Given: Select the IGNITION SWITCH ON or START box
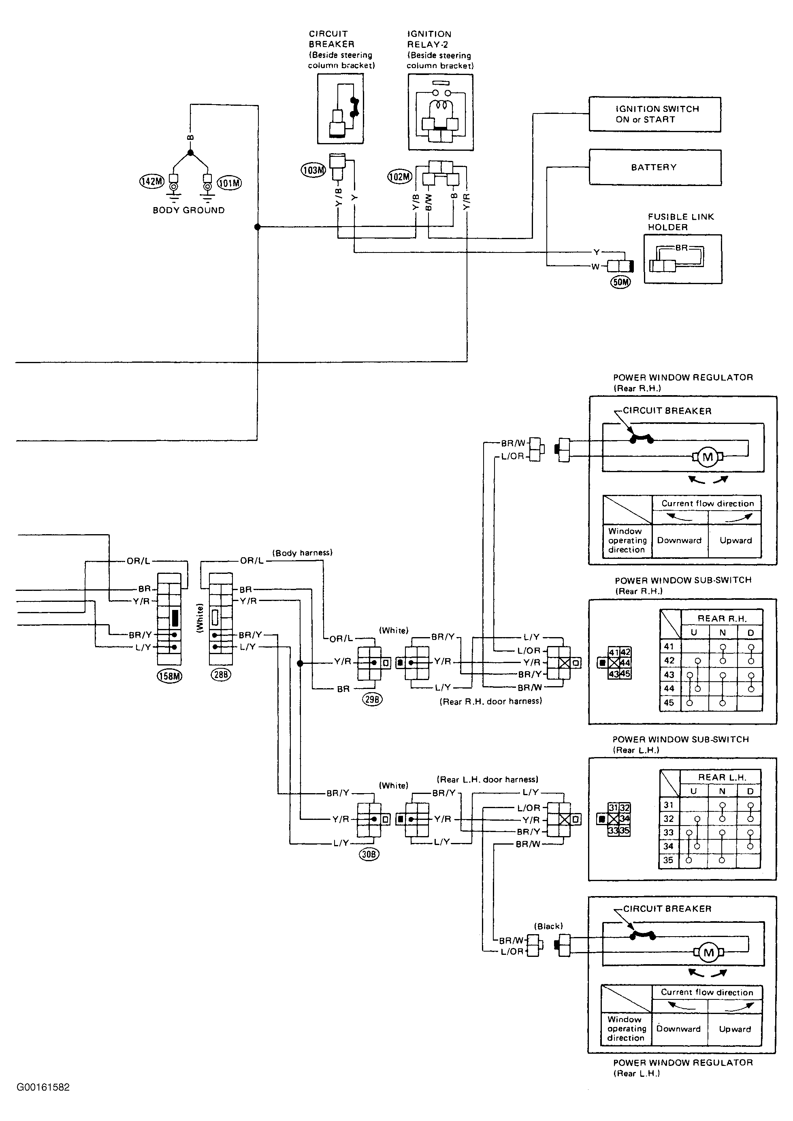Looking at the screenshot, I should pyautogui.click(x=655, y=114).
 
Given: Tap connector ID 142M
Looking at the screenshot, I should pyautogui.click(x=151, y=181).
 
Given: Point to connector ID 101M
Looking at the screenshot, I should pyautogui.click(x=229, y=183).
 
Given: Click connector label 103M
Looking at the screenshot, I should pyautogui.click(x=313, y=170).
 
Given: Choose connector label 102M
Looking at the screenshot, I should pyautogui.click(x=400, y=176).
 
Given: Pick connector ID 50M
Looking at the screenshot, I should pyautogui.click(x=620, y=282).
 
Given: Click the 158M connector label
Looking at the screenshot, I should pyautogui.click(x=169, y=676).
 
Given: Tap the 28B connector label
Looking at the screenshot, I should pyautogui.click(x=220, y=675).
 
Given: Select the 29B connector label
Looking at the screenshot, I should pyautogui.click(x=372, y=699).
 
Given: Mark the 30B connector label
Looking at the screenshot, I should pyautogui.click(x=369, y=854).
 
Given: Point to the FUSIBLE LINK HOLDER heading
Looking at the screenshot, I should pyautogui.click(x=681, y=222).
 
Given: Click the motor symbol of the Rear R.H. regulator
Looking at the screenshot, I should pyautogui.click(x=707, y=458).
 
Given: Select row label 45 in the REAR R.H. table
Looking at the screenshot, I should pyautogui.click(x=669, y=703).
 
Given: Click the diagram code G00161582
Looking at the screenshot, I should pyautogui.click(x=43, y=1087).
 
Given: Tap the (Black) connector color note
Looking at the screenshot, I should pyautogui.click(x=548, y=926).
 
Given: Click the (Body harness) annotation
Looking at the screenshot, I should pyautogui.click(x=302, y=553).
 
